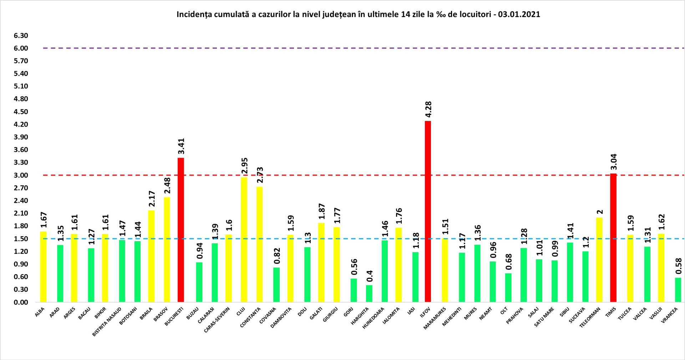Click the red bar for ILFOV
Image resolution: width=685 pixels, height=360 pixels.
point(428,211)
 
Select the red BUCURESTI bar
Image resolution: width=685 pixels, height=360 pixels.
point(181,230)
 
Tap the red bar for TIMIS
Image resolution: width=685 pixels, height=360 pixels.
point(613,238)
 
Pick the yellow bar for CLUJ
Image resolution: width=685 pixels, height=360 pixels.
point(244,239)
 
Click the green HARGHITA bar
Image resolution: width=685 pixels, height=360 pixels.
point(369,293)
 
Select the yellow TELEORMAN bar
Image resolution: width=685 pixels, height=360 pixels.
point(599,259)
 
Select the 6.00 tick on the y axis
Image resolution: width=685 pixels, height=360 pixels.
point(21,48)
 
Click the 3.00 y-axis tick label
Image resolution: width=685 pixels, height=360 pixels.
point(21,175)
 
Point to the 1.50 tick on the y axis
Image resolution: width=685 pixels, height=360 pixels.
point(21,239)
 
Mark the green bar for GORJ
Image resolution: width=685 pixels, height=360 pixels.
point(354,290)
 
